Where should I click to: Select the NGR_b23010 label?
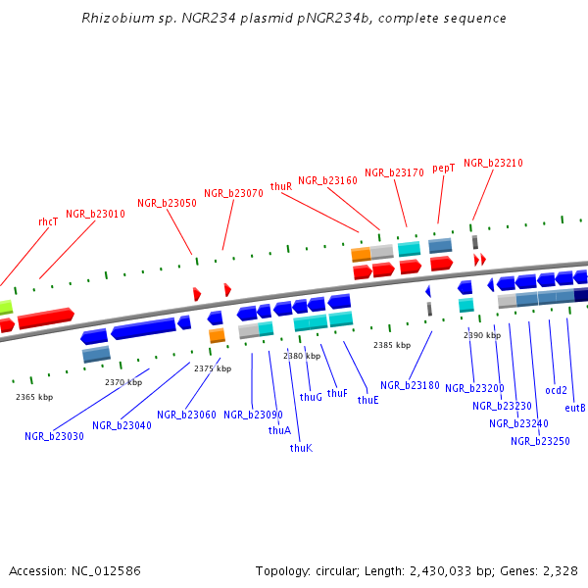click(x=95, y=214)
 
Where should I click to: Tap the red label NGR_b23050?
click(x=167, y=203)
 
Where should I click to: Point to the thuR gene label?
click(x=281, y=186)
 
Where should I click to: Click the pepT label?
click(x=444, y=169)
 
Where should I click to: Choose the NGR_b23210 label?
click(x=493, y=164)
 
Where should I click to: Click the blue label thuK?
click(x=301, y=448)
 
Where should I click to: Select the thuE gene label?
click(x=367, y=400)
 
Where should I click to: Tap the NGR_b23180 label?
click(x=410, y=386)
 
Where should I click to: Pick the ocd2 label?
click(x=556, y=390)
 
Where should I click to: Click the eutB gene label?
click(x=575, y=408)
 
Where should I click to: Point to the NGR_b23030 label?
click(x=54, y=436)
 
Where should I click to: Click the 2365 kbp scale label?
click(x=34, y=397)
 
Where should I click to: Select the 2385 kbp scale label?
click(x=392, y=345)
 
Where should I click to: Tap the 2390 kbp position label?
click(x=482, y=335)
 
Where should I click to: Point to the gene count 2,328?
click(x=558, y=570)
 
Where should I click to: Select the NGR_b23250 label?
click(x=540, y=441)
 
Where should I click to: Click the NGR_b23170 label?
click(x=394, y=172)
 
